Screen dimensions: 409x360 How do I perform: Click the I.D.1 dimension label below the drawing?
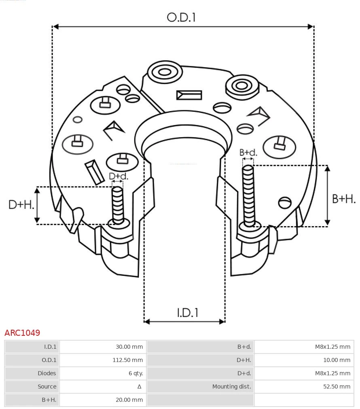pos(188,313)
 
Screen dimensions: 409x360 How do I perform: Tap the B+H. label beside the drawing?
pos(344,199)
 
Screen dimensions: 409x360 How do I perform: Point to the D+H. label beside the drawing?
pos(21,205)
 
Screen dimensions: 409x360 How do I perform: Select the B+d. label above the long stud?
pos(248,153)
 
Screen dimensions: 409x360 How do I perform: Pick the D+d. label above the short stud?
pos(118,176)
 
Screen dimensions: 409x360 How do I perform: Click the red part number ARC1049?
pos(22,333)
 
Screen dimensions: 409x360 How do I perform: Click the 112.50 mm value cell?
pos(127,360)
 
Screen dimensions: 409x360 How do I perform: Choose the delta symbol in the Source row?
pos(139,387)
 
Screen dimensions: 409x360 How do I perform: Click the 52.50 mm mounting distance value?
pos(337,387)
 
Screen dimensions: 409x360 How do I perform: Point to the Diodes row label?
pos(47,373)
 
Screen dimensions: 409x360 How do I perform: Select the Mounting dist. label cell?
pos(232,387)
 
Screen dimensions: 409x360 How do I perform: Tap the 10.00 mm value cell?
pos(337,360)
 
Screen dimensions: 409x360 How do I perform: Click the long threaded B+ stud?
pos(248,194)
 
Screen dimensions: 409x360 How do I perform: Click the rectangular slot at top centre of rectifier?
pos(189,95)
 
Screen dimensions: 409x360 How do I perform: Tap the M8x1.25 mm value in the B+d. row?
pos(332,347)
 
